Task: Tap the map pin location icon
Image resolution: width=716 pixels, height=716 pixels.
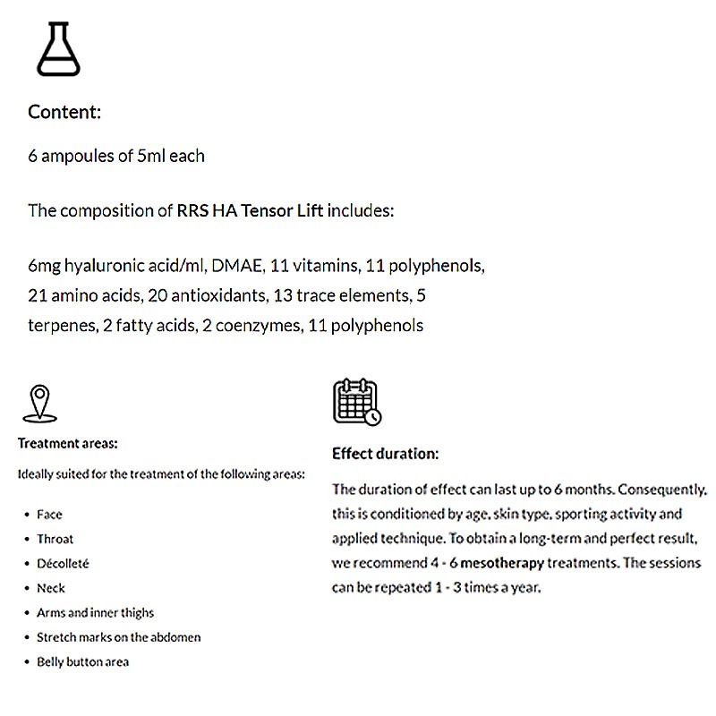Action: pyautogui.click(x=39, y=404)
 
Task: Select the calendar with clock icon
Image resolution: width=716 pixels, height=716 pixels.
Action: pyautogui.click(x=356, y=402)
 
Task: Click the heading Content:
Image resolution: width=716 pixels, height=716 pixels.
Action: pyautogui.click(x=64, y=113)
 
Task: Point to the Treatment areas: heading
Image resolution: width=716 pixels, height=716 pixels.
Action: pyautogui.click(x=68, y=443)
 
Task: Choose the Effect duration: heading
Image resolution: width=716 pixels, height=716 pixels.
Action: pyautogui.click(x=385, y=454)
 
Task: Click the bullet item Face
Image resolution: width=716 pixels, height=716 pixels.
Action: pyautogui.click(x=49, y=515)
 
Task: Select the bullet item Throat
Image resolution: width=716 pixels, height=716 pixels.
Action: pyautogui.click(x=55, y=539)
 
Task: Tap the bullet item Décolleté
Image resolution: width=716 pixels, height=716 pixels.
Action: pyautogui.click(x=63, y=564)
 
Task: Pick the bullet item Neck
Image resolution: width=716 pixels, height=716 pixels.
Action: pyautogui.click(x=51, y=588)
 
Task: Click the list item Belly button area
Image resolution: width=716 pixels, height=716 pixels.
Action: pyautogui.click(x=82, y=662)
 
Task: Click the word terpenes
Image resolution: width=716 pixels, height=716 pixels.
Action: pyautogui.click(x=60, y=326)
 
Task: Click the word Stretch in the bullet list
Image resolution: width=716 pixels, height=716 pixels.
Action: pyautogui.click(x=55, y=637)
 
